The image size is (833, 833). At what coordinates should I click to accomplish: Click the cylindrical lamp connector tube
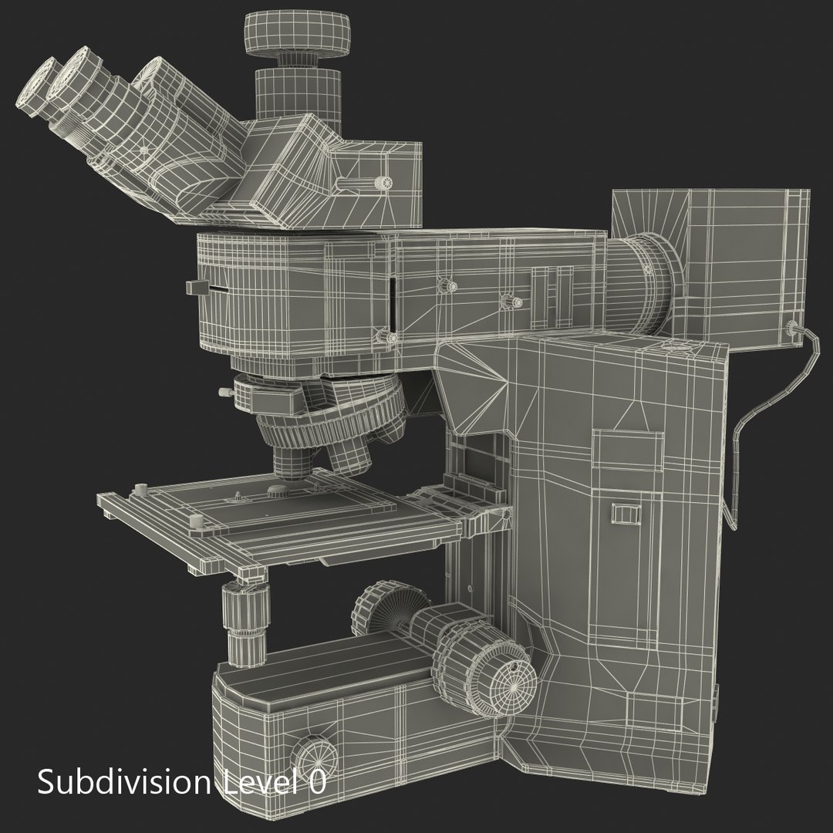(639, 282)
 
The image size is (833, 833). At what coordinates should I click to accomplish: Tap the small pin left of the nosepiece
(225, 394)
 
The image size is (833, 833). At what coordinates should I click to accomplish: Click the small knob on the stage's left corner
(140, 490)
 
